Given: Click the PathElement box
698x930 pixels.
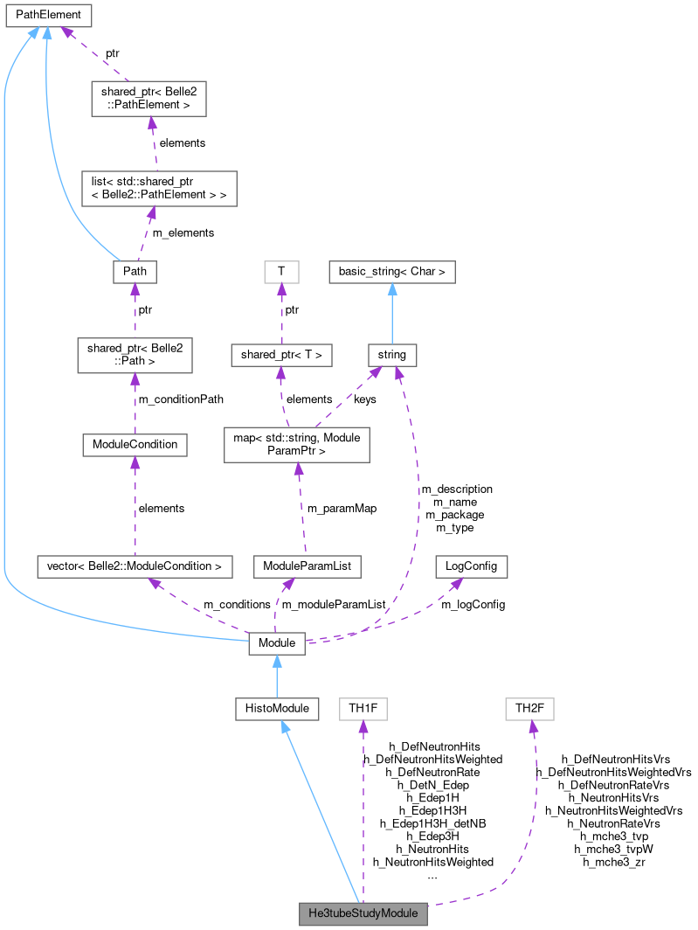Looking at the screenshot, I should pyautogui.click(x=48, y=15).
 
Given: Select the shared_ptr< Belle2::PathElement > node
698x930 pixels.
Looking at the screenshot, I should pyautogui.click(x=149, y=99).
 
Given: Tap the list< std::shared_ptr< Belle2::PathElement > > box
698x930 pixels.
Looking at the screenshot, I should pyautogui.click(x=153, y=188).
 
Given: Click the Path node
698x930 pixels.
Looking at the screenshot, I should pyautogui.click(x=135, y=271).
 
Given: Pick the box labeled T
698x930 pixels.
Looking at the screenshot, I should pyautogui.click(x=281, y=271).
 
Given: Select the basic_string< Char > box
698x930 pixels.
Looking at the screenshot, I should pyautogui.click(x=391, y=271).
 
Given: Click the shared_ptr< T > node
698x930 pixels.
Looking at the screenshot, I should pyautogui.click(x=280, y=355).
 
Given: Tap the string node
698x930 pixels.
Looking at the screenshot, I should pyautogui.click(x=391, y=355).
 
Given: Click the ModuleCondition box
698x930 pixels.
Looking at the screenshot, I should pyautogui.click(x=135, y=444).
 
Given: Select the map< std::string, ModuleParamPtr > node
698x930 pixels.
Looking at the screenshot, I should pyautogui.click(x=297, y=444).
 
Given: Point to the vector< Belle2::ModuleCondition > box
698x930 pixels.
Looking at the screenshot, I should pyautogui.click(x=135, y=566).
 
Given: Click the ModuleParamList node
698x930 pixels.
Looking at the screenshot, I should pyautogui.click(x=306, y=566).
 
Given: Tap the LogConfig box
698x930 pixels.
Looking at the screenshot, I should pyautogui.click(x=471, y=566).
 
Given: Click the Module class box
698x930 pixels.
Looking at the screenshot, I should pyautogui.click(x=277, y=643).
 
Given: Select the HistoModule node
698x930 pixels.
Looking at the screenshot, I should pyautogui.click(x=277, y=708).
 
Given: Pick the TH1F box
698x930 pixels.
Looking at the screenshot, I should pyautogui.click(x=363, y=708).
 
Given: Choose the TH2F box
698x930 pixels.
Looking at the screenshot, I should pyautogui.click(x=529, y=708).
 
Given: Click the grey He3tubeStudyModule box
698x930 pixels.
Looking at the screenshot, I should pyautogui.click(x=363, y=914).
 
